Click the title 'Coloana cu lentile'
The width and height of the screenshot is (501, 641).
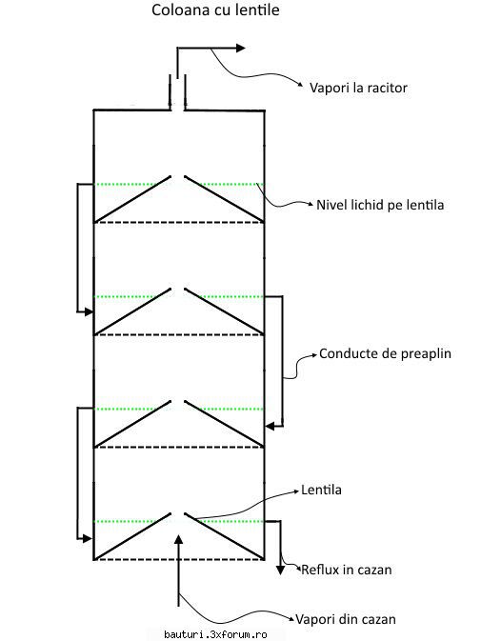[x=215, y=10]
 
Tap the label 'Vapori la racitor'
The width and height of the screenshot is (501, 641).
[x=358, y=88]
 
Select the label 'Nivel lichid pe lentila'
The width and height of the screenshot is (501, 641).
[x=380, y=205]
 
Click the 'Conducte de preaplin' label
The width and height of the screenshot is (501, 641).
[x=385, y=353]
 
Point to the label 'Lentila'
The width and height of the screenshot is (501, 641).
[x=321, y=490]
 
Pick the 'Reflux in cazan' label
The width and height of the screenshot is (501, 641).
[x=347, y=570]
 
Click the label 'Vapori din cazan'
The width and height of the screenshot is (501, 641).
[x=346, y=619]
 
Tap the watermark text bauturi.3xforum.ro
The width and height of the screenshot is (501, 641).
[x=215, y=634]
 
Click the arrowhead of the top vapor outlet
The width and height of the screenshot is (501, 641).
[x=240, y=49]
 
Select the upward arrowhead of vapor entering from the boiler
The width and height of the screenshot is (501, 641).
[x=178, y=539]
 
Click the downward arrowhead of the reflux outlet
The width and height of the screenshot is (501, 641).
[x=280, y=570]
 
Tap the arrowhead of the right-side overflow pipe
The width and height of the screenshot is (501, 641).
[x=270, y=427]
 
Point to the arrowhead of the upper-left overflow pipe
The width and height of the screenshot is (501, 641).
[x=89, y=311]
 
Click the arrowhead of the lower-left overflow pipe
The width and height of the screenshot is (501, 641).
[x=88, y=539]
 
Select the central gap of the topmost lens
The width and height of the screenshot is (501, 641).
[x=178, y=176]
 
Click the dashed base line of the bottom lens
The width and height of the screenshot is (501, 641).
[x=179, y=559]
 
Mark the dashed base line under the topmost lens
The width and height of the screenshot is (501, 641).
[x=179, y=222]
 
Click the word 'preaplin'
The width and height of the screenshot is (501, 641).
[x=426, y=354]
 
